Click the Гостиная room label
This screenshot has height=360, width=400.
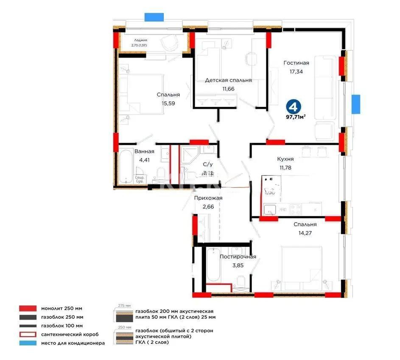tap(296, 63)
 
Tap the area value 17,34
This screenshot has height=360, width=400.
tap(296, 72)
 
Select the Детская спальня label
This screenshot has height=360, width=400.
tap(228, 80)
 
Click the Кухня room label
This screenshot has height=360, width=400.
tap(285, 159)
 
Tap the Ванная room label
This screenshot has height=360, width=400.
tap(144, 151)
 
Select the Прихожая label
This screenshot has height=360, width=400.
tap(208, 198)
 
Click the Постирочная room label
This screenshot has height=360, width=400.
tap(238, 257)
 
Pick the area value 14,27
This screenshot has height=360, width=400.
tap(305, 232)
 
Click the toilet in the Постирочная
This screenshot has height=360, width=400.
tap(241, 282)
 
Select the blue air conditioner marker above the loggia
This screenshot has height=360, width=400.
tap(154, 17)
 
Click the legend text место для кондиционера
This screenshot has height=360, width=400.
tap(73, 343)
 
